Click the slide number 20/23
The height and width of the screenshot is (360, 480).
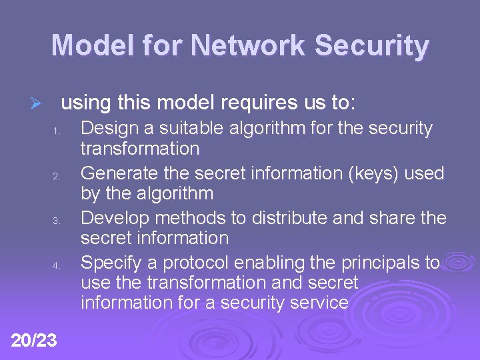[x=34, y=341]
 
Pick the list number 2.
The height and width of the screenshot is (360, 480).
[x=58, y=177]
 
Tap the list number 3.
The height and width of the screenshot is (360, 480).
[x=58, y=221]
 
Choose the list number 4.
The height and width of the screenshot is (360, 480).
[x=58, y=265]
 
